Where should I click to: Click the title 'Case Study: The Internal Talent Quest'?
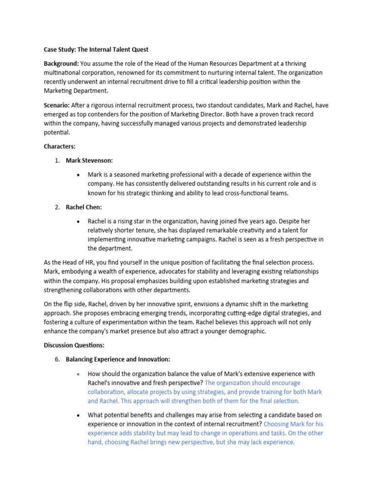pos(96,50)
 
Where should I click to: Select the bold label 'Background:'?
pos(61,64)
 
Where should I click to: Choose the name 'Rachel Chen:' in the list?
pos(84,207)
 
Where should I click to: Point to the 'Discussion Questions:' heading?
pos(74,345)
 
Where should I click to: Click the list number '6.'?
pos(56,359)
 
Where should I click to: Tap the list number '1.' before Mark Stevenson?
pos(56,160)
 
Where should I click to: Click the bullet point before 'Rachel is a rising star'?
pos(78,221)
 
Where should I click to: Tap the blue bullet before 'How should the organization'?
pos(78,374)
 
